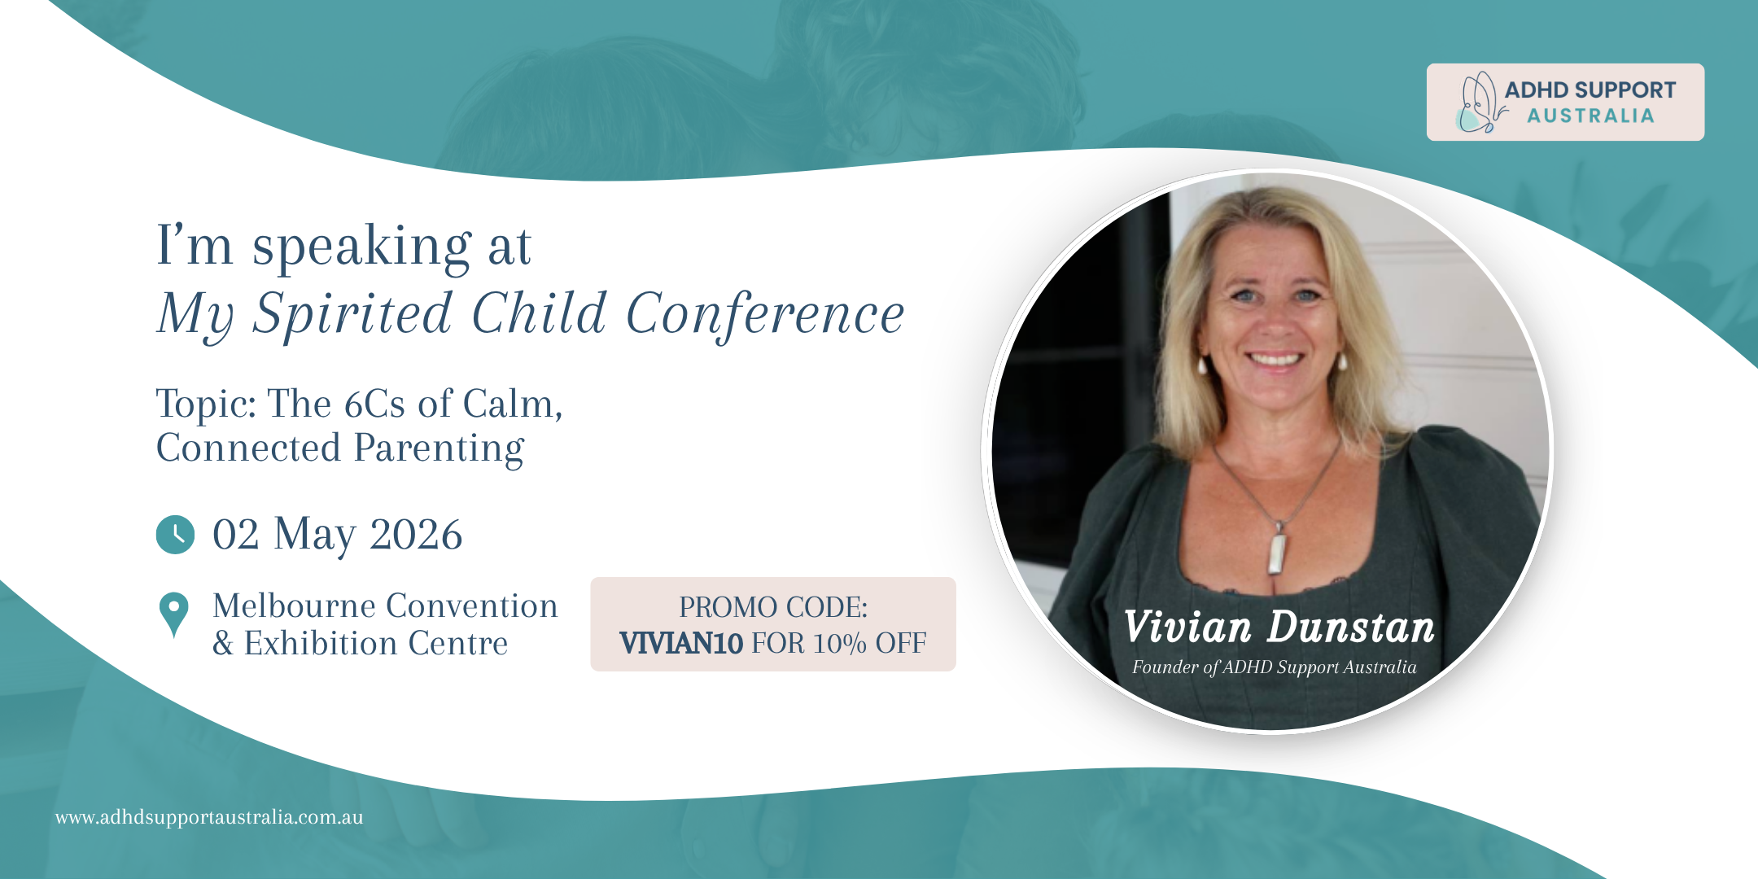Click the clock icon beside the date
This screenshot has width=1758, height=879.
point(175,535)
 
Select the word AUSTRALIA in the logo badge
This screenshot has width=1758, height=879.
point(1590,116)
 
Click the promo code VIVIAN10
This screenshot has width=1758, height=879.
point(681,643)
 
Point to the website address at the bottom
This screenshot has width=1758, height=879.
point(209,817)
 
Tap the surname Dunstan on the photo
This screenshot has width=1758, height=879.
point(1351,627)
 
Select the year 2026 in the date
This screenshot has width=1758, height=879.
point(416,535)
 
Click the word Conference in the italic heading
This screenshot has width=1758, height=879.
point(765,313)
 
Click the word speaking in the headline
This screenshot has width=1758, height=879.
point(362,246)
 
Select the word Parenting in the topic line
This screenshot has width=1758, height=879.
point(439,448)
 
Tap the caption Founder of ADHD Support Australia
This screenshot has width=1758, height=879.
point(1275,667)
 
